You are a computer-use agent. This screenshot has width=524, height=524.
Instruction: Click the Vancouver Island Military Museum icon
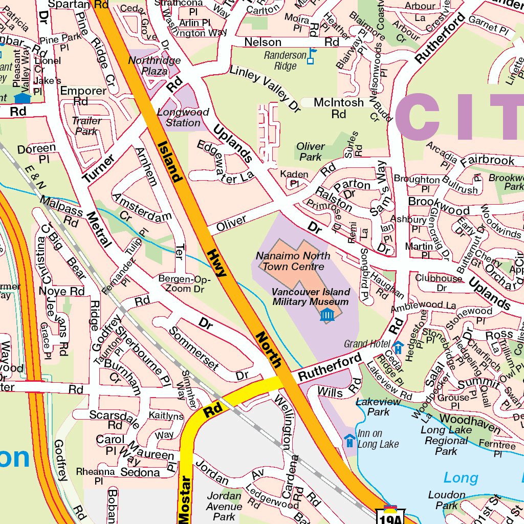coord(327,315)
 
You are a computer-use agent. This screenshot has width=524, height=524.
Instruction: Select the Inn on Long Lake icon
coord(350,439)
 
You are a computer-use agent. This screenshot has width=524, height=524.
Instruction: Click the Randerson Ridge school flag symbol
coord(311,56)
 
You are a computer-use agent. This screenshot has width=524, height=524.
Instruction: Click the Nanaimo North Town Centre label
coord(293,261)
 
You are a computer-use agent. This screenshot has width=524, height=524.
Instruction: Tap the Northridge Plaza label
coord(147,65)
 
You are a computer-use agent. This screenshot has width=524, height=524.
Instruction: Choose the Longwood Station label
coord(183,117)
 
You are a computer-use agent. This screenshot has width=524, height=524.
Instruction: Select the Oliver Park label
coord(311,151)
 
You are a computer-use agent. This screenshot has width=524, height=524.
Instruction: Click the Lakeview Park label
coord(378,406)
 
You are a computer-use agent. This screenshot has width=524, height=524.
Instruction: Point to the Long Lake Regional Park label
coord(447,441)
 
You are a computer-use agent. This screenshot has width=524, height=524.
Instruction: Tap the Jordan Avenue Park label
coord(224,506)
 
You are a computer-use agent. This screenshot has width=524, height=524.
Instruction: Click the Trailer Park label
coord(86,126)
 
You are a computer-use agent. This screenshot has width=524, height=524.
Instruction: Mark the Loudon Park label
coord(446,500)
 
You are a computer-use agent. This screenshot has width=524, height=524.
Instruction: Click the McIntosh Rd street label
coord(339,108)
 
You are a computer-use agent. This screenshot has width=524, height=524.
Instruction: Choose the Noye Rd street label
coord(61,291)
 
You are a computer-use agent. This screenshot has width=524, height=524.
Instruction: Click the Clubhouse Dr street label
coord(439,283)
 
